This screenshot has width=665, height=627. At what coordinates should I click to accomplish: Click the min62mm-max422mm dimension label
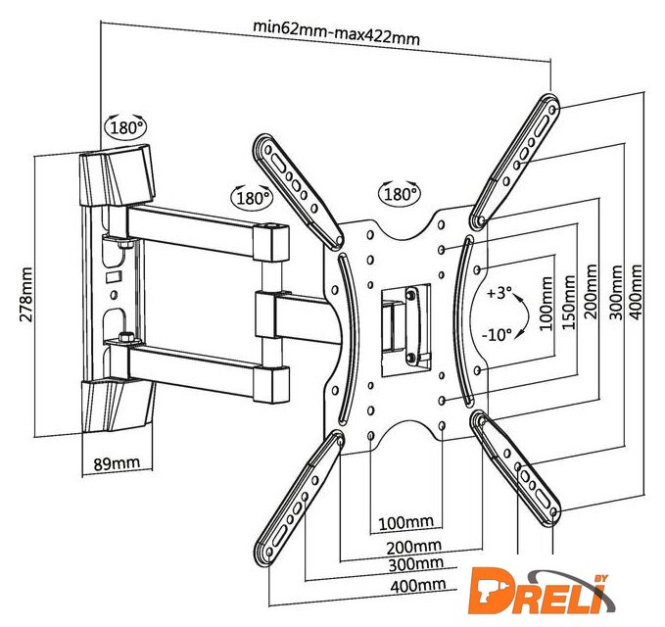336,32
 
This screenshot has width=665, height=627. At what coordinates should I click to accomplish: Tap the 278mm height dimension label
25,294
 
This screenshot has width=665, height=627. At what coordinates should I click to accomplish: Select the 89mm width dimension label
117,462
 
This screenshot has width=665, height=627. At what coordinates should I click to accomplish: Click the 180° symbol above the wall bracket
126,126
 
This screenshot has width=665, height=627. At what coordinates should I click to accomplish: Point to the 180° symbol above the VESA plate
400,193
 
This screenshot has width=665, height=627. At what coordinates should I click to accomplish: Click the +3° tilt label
499,293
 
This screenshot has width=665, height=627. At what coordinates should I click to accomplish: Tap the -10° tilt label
497,335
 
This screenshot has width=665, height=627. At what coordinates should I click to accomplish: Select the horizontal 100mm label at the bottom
405,522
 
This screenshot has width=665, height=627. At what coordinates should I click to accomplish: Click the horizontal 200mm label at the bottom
413,547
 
